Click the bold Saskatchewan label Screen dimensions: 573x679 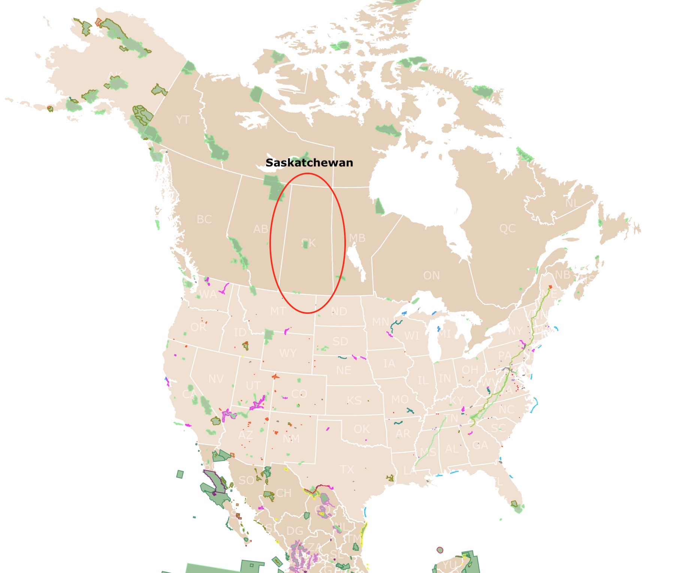coord(309,163)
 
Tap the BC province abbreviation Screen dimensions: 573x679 coord(204,219)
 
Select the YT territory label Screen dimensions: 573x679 coord(182,120)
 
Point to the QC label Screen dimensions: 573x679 coord(507,228)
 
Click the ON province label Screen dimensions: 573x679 coord(431,276)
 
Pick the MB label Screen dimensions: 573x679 coord(357,238)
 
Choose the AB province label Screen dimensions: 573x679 coord(260,229)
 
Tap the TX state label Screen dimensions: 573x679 coord(347,470)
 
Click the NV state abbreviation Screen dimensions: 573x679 coord(216,379)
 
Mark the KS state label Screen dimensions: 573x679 coord(354,401)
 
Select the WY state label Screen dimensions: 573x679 coord(288,353)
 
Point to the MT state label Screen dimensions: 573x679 coord(278,311)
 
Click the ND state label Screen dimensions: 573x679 coord(339,312)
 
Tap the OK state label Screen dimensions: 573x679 coord(362,429)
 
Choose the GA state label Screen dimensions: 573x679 coord(480,445)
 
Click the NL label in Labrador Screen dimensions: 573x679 coord(572,203)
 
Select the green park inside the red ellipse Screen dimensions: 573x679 coord(305,245)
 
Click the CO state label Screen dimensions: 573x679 coord(299,394)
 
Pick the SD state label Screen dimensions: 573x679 coord(340,342)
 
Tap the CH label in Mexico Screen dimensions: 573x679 coord(284,493)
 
